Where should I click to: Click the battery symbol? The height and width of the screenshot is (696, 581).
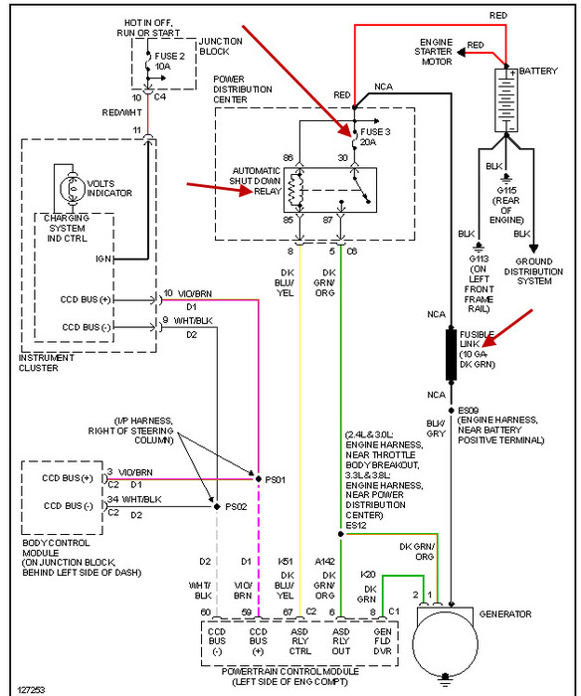pyautogui.click(x=506, y=100)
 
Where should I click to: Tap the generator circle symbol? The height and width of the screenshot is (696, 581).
pyautogui.click(x=445, y=643)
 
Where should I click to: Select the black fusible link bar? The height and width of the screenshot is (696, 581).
pyautogui.click(x=451, y=354)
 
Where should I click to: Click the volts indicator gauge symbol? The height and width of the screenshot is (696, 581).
pyautogui.click(x=73, y=188)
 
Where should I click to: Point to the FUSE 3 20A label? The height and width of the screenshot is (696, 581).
pyautogui.click(x=375, y=137)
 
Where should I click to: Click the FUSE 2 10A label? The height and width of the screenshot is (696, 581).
pyautogui.click(x=169, y=62)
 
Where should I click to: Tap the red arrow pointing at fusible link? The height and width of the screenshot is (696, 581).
pyautogui.click(x=507, y=328)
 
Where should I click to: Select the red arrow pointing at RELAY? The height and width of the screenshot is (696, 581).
pyautogui.click(x=220, y=189)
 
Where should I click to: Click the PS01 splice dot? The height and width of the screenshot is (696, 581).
pyautogui.click(x=258, y=479)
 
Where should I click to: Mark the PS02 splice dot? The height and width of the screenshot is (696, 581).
pyautogui.click(x=217, y=506)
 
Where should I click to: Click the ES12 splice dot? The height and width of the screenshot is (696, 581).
pyautogui.click(x=340, y=534)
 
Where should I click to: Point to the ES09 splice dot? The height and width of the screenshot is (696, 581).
pyautogui.click(x=452, y=410)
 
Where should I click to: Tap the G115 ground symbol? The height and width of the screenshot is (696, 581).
pyautogui.click(x=506, y=178)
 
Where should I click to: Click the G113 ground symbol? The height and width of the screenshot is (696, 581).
pyautogui.click(x=479, y=247)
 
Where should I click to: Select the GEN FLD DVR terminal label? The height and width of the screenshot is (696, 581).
pyautogui.click(x=382, y=641)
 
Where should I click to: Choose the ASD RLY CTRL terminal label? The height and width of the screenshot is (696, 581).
pyautogui.click(x=299, y=641)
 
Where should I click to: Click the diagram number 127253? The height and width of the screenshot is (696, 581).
pyautogui.click(x=31, y=690)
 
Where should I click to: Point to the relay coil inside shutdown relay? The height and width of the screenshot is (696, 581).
pyautogui.click(x=294, y=191)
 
